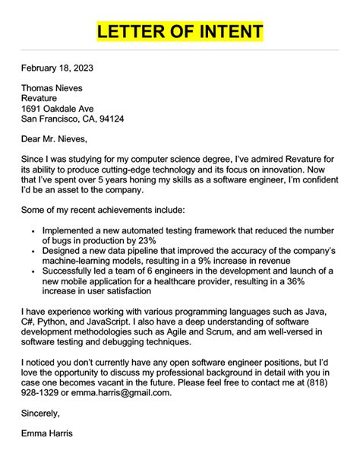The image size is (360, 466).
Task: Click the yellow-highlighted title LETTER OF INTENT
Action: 180,31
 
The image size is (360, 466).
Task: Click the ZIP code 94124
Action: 109,119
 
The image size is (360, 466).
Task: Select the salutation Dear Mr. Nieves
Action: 55,139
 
